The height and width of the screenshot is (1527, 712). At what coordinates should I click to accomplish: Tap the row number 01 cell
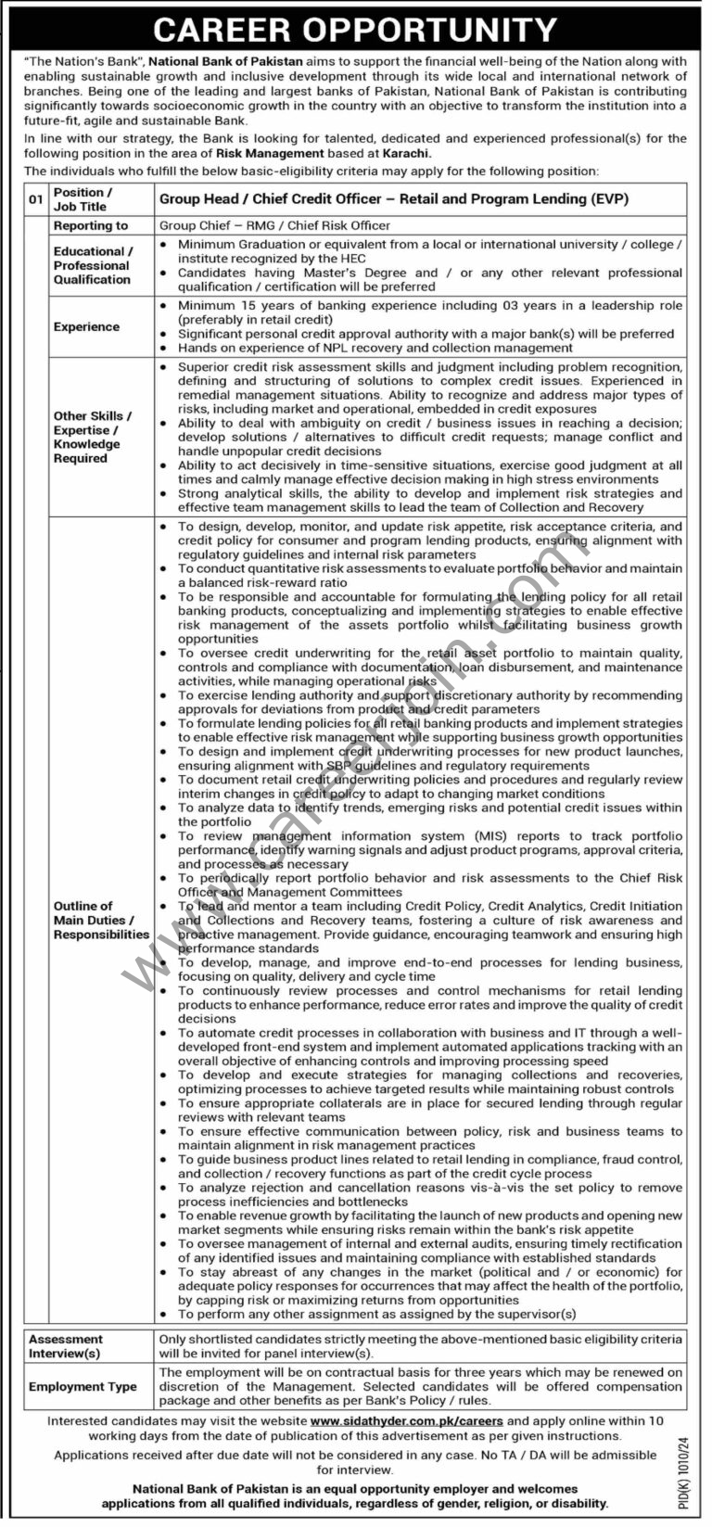(x=36, y=199)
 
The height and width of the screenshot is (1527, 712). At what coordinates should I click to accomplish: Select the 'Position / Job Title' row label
(x=80, y=199)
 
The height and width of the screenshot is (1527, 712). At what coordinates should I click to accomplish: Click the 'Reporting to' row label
(x=91, y=225)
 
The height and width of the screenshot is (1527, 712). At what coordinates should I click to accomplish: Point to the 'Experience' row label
(x=86, y=326)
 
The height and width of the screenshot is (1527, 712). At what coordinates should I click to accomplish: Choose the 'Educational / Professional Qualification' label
(x=93, y=265)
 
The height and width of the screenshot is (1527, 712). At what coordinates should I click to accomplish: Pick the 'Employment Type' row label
(x=83, y=1387)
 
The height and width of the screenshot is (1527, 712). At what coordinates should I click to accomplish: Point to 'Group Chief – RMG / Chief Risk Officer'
(x=274, y=225)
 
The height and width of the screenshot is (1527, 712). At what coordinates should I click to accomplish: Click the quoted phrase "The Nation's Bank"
(x=84, y=62)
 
